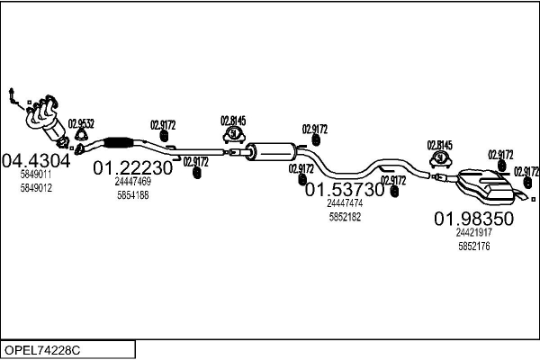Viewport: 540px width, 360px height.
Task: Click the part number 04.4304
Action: tap(35, 161)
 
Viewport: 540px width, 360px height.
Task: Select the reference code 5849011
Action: tap(36, 175)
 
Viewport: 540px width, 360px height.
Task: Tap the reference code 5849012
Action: tap(36, 188)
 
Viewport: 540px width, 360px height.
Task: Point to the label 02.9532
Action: tap(82, 123)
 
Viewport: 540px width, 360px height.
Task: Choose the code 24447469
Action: tap(132, 182)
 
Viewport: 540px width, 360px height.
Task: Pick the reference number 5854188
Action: tap(132, 194)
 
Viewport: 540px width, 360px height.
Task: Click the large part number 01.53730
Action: tap(344, 190)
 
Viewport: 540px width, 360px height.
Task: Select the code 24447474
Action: tap(344, 203)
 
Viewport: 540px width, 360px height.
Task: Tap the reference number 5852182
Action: tap(344, 217)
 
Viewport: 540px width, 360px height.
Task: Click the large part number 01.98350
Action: tap(473, 219)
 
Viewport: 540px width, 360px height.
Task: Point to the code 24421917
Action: tap(473, 232)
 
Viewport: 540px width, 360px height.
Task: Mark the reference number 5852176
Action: tap(473, 245)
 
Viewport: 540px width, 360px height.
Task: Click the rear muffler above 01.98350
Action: tap(486, 187)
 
